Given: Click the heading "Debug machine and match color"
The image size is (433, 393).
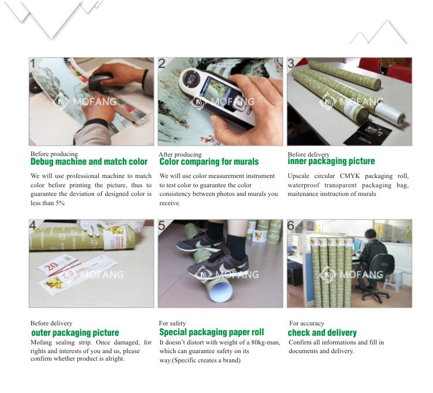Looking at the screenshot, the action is [x=89, y=162].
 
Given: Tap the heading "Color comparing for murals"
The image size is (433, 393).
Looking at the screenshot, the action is [x=209, y=162].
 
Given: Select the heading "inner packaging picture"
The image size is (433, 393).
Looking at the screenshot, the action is [x=331, y=161].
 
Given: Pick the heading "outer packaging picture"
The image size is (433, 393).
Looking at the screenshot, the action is [x=75, y=332].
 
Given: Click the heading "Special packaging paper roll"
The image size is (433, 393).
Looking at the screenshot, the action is [x=211, y=332].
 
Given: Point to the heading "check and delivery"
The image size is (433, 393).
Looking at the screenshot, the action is [x=322, y=332].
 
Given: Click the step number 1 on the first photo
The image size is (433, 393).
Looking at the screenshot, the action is [x=32, y=64].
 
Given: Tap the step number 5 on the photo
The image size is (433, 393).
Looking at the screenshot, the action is [x=162, y=225].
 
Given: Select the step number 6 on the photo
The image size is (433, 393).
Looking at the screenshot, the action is [x=291, y=225].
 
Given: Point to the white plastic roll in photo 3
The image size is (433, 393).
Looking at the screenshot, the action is [x=389, y=112].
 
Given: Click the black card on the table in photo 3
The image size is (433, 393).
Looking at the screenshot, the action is [x=367, y=134].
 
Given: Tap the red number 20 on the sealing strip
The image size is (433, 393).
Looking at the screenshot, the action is [x=51, y=266].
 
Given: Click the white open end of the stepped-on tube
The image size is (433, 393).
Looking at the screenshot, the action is [x=221, y=292].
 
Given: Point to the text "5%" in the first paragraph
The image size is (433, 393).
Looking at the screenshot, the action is [x=60, y=203].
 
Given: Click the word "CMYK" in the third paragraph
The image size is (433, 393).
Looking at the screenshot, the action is [x=350, y=176].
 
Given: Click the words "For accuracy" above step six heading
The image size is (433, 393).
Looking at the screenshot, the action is [x=307, y=323].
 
